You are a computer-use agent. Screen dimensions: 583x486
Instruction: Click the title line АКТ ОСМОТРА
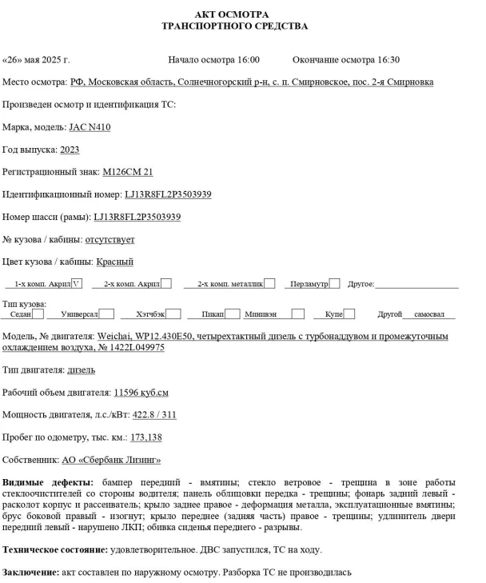pos(243,14)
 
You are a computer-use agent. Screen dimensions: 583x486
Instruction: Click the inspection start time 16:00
pos(249,60)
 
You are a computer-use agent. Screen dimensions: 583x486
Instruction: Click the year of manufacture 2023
pos(70,150)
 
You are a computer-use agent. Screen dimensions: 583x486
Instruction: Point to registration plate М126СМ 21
pos(128,172)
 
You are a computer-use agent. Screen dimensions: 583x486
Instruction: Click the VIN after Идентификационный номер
pos(168,194)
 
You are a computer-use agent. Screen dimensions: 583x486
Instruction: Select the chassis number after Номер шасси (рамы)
pos(137,217)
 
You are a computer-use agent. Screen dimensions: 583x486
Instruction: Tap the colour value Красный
pos(114,262)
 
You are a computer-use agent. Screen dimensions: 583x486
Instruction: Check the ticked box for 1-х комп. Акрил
pos(77,283)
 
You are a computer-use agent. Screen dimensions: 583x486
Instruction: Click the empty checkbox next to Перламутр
pos(334,283)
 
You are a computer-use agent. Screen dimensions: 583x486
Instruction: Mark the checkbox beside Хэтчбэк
pos(173,314)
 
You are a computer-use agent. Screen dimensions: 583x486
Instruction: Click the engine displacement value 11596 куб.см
pos(141,393)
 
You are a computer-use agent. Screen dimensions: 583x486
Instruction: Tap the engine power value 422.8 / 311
pos(154,415)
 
